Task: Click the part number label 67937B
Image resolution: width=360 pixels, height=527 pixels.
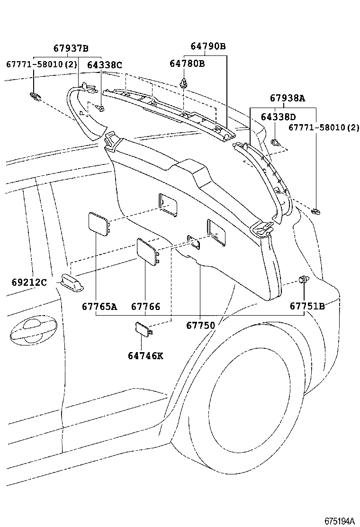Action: point(71,48)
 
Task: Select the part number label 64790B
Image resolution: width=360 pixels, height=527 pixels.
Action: point(208,46)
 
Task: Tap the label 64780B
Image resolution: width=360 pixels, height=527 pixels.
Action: point(187,64)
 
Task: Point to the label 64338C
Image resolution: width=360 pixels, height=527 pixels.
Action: point(105,65)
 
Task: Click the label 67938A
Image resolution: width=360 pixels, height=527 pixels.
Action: point(288,99)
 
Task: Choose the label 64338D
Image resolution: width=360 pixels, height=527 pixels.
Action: point(278,117)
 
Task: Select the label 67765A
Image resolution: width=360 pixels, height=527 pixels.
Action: point(99,306)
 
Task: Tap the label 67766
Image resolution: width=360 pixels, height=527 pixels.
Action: point(145,306)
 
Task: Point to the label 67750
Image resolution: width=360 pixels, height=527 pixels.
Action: point(200,325)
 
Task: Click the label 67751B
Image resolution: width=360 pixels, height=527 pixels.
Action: point(307,306)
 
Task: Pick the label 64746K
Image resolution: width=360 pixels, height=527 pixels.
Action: point(145,355)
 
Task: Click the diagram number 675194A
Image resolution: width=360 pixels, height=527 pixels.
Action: point(339,520)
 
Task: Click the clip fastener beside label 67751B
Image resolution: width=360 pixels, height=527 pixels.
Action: point(301,281)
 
